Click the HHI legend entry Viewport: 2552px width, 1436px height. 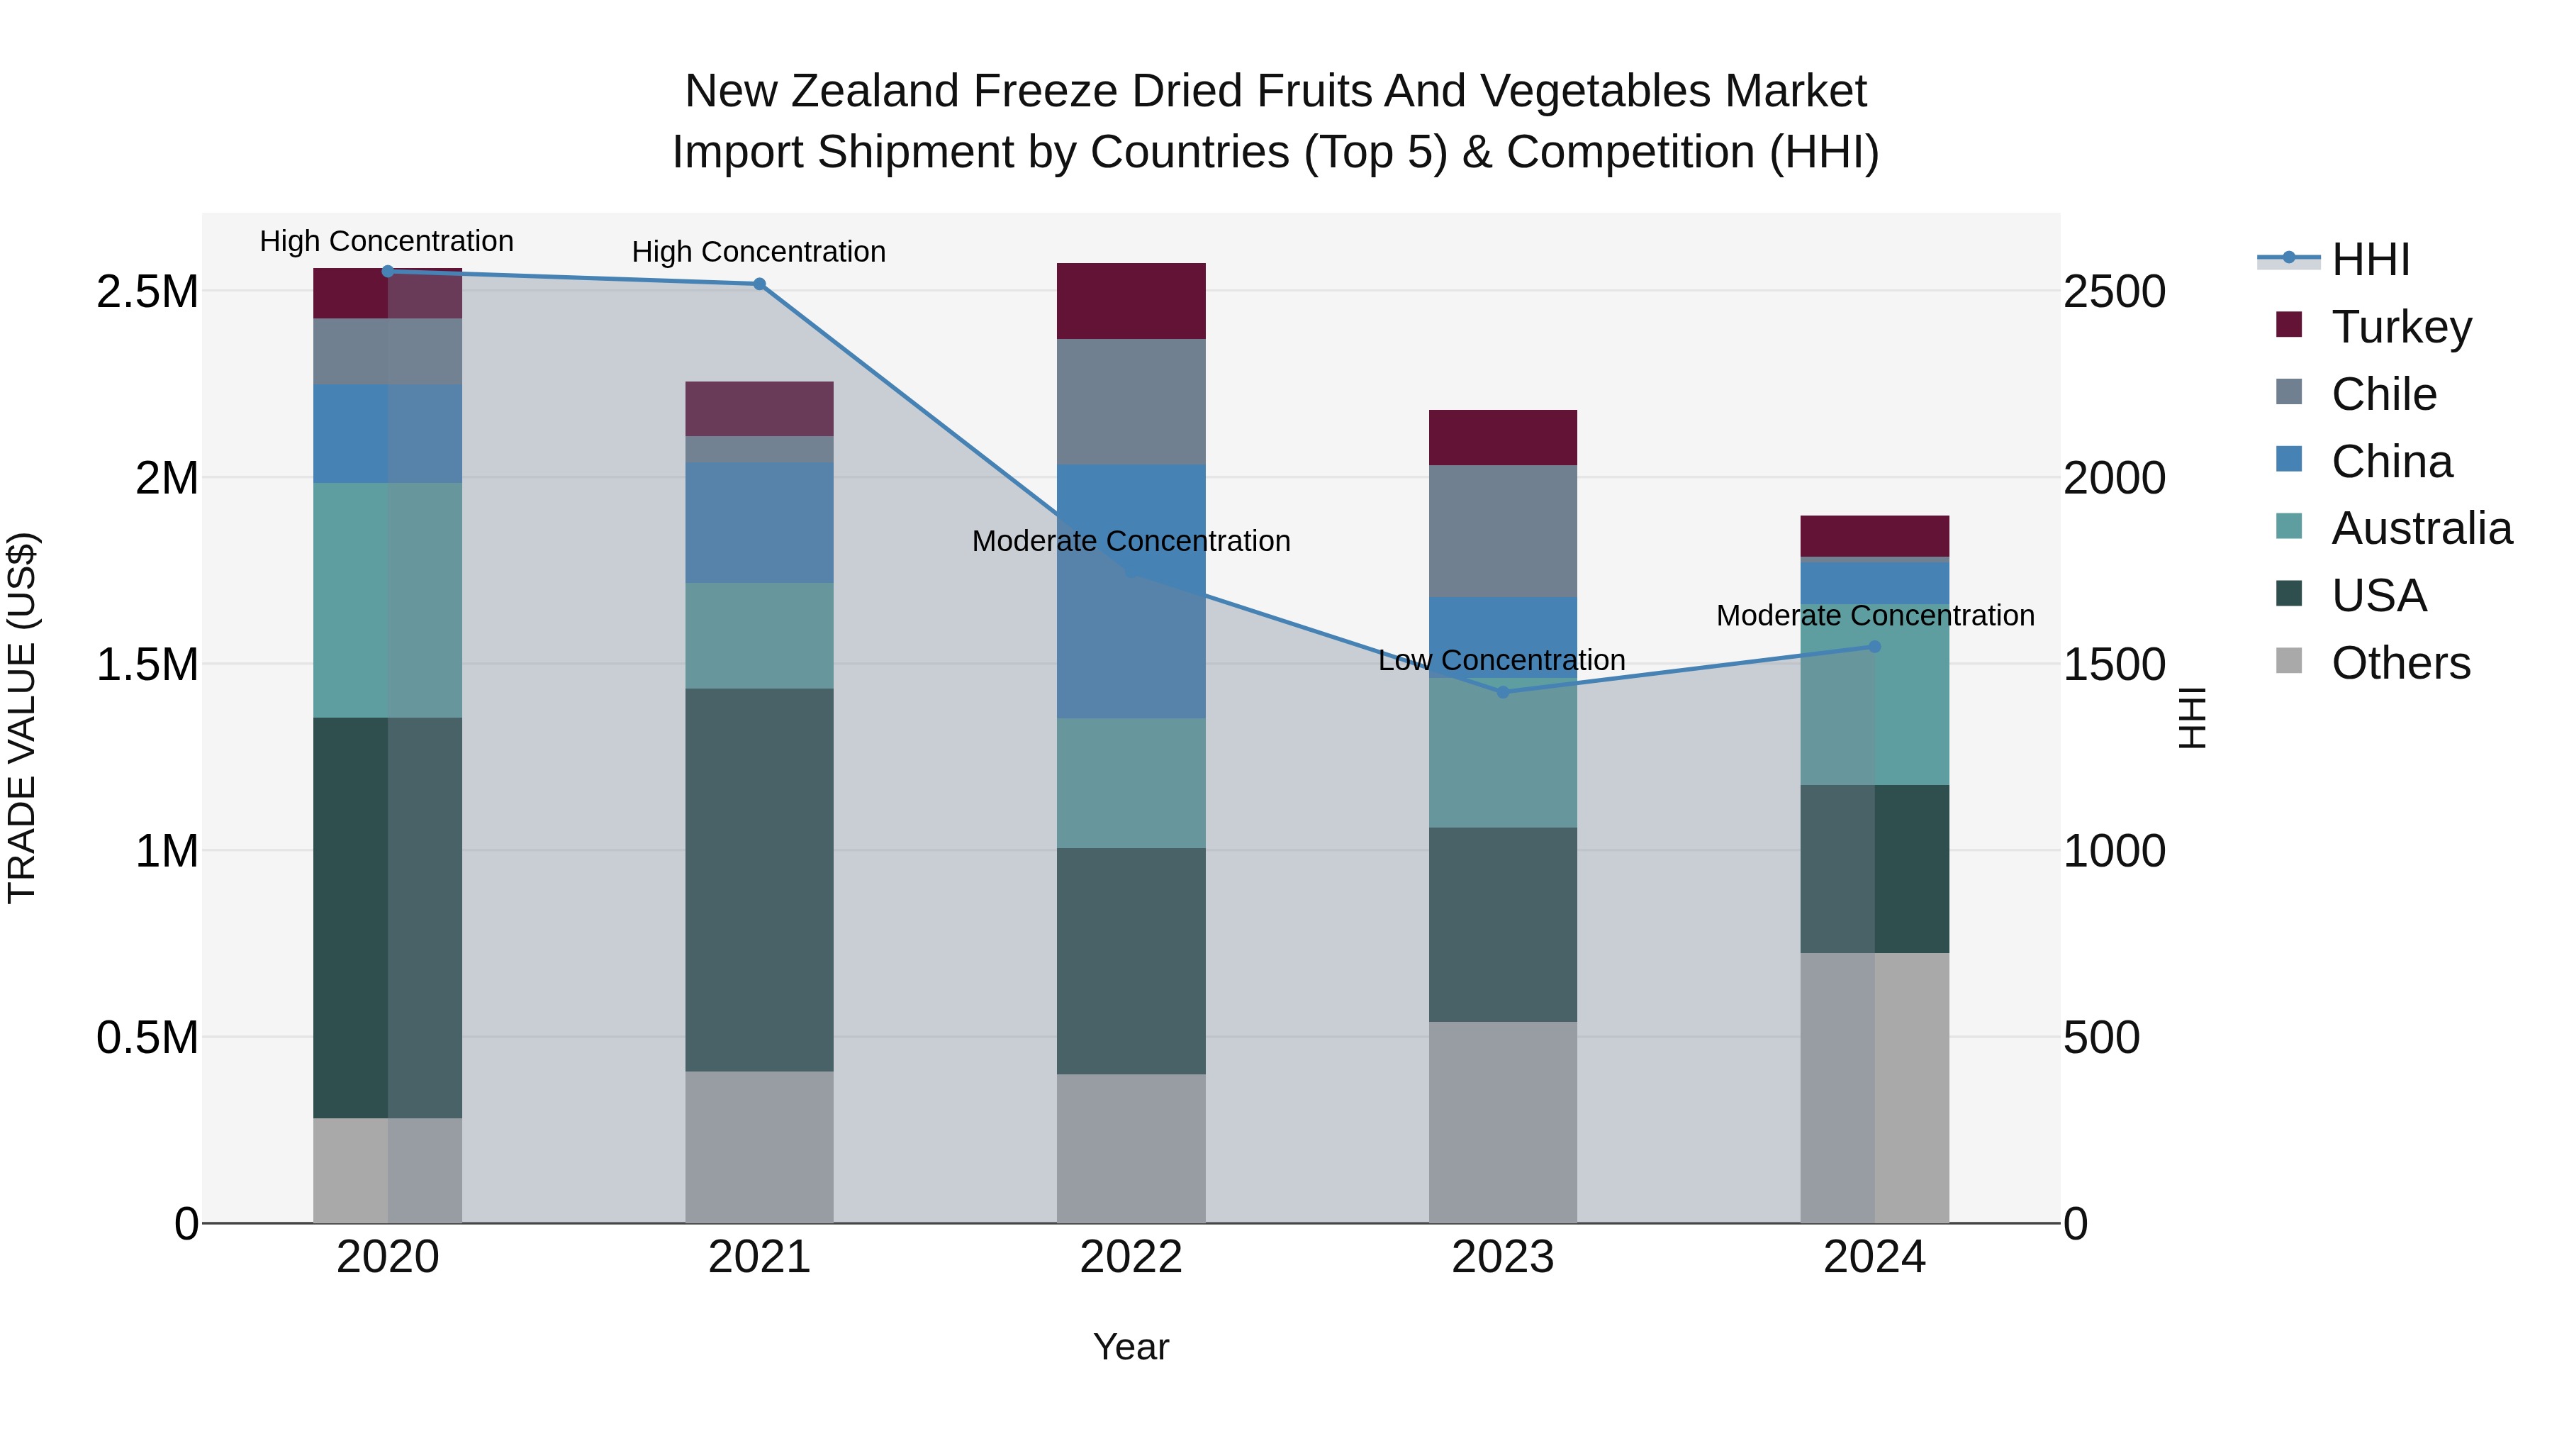(2368, 260)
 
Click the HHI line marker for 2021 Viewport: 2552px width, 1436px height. (759, 284)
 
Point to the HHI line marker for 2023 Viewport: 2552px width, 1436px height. (1503, 691)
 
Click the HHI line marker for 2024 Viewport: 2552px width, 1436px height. (1874, 646)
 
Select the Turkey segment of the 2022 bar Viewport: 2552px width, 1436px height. (1131, 301)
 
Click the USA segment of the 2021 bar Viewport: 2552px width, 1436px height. (759, 879)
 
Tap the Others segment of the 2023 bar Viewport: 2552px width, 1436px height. (1503, 1122)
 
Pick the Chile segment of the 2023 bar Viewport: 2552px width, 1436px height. (1503, 531)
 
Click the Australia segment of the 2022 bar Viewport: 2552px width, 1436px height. (1131, 783)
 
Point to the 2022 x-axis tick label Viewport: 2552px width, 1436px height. (1131, 1257)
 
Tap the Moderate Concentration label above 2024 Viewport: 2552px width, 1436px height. (1874, 616)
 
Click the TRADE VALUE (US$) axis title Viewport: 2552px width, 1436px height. (22, 718)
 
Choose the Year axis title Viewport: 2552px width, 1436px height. (1131, 1347)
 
